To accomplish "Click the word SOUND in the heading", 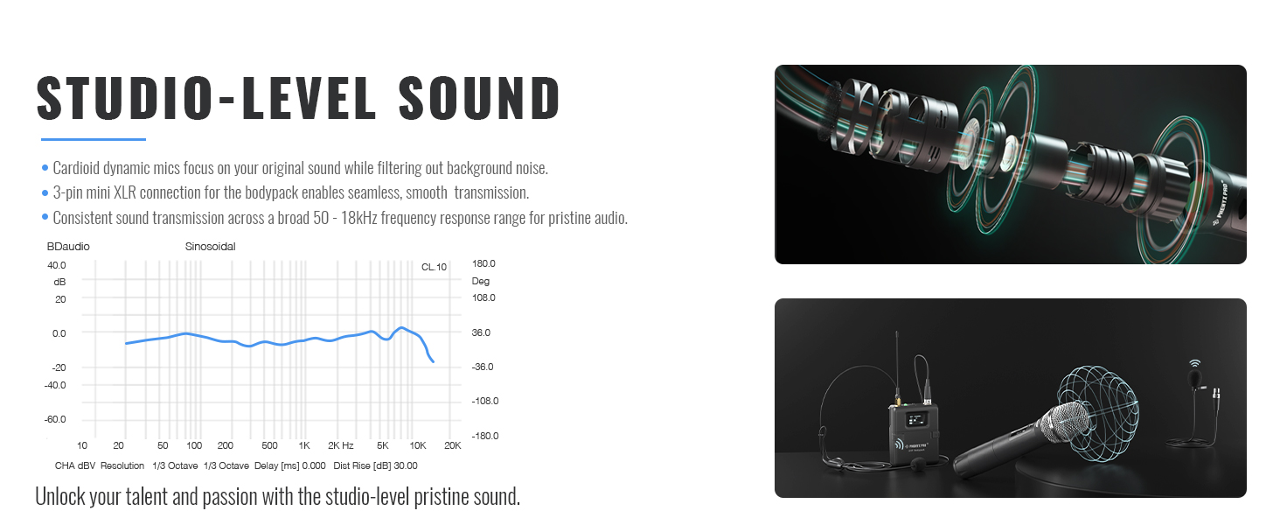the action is point(479,98).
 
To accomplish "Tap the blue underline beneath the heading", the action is point(94,139).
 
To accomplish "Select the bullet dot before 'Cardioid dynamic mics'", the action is point(45,168).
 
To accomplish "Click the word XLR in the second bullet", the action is point(124,192).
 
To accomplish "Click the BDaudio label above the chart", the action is point(68,247).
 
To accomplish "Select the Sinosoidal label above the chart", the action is point(211,247).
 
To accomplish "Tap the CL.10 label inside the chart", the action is point(434,267).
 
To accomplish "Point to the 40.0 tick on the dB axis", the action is point(57,265).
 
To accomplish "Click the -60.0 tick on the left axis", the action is point(55,419).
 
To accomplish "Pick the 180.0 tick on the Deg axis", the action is point(483,263).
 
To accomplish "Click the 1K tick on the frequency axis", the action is point(304,445).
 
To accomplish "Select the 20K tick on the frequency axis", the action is point(453,445).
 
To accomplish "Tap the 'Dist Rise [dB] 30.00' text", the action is point(375,466).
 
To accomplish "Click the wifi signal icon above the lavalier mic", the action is point(1194,363).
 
